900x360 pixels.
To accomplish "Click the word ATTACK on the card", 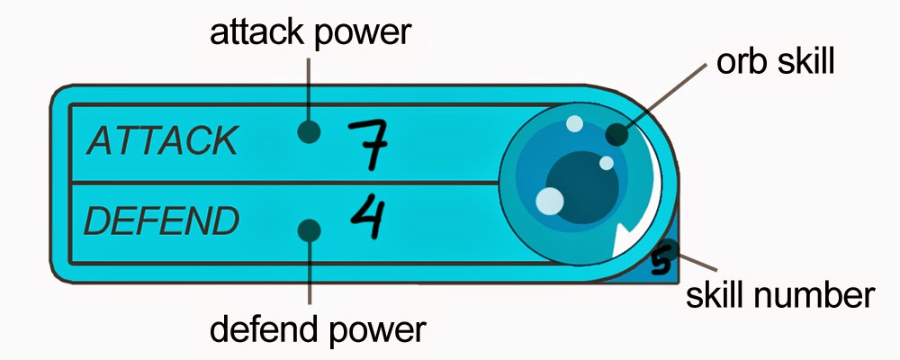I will pos(163,141).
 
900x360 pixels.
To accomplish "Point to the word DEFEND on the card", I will pos(162,220).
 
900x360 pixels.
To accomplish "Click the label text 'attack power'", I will pos(310,33).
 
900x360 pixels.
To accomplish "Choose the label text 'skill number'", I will pos(779,294).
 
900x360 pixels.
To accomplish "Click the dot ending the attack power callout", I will pos(310,132).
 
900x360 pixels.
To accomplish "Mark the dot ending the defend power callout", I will pos(310,230).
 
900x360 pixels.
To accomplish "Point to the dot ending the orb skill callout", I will pos(616,135).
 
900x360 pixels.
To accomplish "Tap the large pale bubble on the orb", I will pos(549,199).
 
